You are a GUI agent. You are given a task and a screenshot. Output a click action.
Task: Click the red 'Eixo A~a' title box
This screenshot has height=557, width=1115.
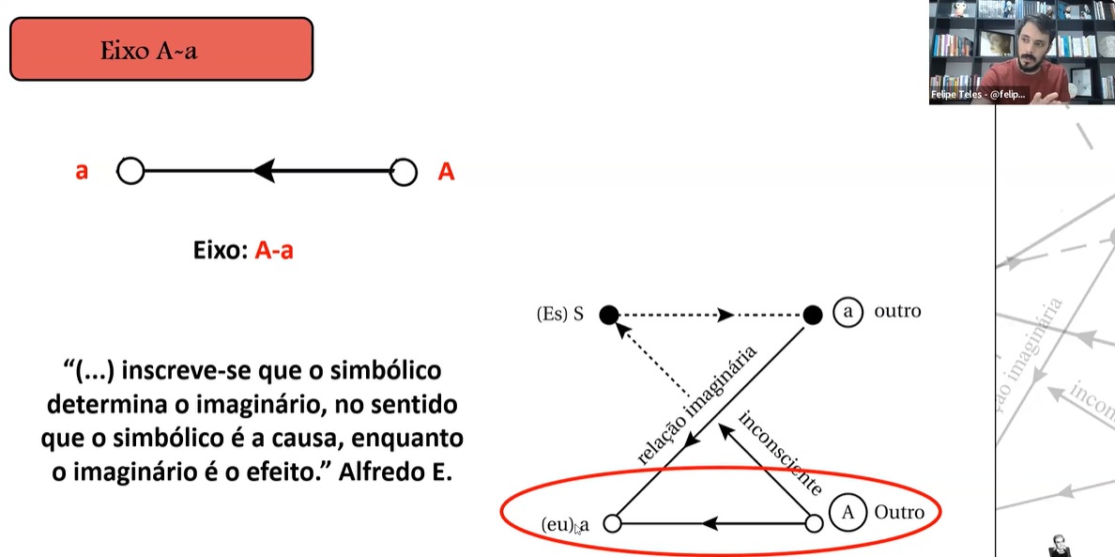(x=160, y=49)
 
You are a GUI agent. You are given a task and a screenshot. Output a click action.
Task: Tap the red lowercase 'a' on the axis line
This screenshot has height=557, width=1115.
(x=82, y=173)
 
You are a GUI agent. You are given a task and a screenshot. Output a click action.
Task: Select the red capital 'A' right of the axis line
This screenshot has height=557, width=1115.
(x=446, y=173)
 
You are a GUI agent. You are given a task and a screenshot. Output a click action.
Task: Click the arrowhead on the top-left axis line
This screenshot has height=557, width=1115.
(x=264, y=171)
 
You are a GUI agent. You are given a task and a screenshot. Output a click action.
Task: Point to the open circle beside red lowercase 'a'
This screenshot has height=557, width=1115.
(x=130, y=172)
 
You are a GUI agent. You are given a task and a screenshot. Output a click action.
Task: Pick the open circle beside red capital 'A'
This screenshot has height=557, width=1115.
(x=404, y=172)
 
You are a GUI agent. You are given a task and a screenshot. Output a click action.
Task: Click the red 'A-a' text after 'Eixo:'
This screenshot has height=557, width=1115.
(x=274, y=252)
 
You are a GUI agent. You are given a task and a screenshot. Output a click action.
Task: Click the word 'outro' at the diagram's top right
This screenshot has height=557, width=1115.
(x=897, y=311)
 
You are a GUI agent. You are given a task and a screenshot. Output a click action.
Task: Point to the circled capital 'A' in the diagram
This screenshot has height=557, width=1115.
(x=848, y=512)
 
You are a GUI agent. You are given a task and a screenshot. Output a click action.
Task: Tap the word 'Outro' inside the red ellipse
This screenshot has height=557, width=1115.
(x=898, y=512)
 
